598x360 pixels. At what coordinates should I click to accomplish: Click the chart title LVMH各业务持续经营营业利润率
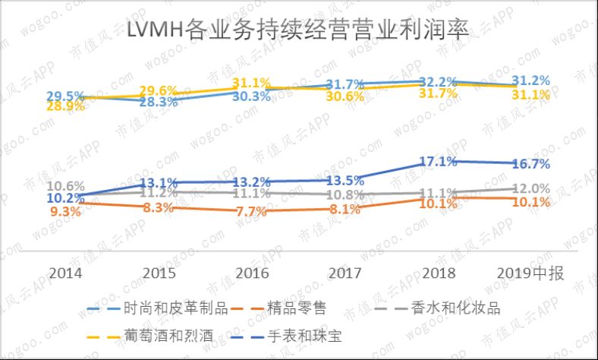(298, 31)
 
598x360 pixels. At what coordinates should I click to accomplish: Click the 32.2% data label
(437, 81)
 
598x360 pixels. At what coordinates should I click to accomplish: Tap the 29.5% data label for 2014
(66, 96)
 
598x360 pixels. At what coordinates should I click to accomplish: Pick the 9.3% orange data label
(66, 212)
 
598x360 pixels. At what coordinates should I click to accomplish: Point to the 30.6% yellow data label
(343, 97)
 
